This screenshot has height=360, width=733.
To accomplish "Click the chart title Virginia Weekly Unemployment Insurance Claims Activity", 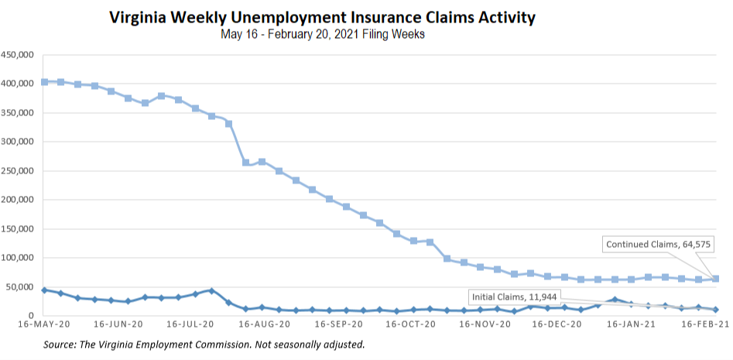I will (x=322, y=17).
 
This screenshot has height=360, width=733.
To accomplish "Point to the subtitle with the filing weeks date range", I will (x=322, y=34).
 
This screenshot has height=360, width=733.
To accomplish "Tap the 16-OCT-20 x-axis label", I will (x=409, y=326).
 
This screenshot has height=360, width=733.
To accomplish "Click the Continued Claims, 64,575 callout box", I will (x=659, y=245).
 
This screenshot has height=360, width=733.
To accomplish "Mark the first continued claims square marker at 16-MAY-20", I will (x=44, y=82).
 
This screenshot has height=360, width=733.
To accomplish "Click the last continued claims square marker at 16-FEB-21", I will (x=715, y=279).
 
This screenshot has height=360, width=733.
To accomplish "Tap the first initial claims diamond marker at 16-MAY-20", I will (x=44, y=290).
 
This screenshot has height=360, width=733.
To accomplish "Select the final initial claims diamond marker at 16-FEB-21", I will (x=715, y=309).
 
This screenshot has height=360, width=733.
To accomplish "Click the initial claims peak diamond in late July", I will (x=211, y=290).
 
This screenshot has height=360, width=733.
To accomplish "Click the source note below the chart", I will (x=204, y=344).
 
